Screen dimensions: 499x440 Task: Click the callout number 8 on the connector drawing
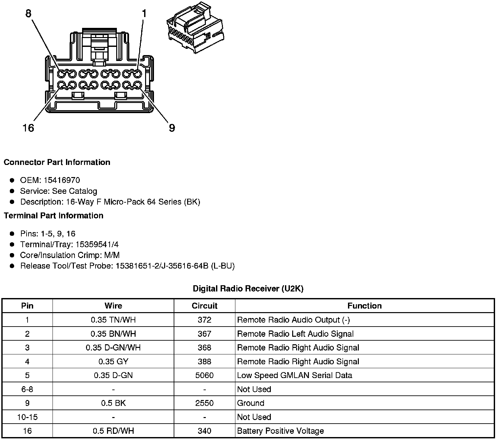(28, 13)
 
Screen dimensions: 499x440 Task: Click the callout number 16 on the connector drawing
(28, 128)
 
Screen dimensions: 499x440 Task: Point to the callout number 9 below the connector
(172, 128)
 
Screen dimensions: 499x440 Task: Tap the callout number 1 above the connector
(144, 13)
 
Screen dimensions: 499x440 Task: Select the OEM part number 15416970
(62, 180)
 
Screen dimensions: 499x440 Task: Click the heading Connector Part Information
(57, 162)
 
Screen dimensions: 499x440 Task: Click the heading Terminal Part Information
(54, 215)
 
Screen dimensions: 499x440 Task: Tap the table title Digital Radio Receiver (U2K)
(248, 289)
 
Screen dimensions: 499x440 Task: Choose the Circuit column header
(205, 306)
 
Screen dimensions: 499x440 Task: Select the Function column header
(364, 306)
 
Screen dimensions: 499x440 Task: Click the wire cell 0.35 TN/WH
(113, 320)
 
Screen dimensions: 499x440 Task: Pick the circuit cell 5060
(205, 375)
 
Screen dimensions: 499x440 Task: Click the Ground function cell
(250, 403)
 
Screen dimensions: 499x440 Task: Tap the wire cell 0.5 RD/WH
(113, 431)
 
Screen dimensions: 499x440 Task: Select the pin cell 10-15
(27, 417)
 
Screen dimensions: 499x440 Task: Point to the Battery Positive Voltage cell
(280, 431)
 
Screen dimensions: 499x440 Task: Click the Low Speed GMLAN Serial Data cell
(294, 375)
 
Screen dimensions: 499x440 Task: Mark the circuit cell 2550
(205, 403)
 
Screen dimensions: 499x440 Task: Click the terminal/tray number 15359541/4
(97, 244)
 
